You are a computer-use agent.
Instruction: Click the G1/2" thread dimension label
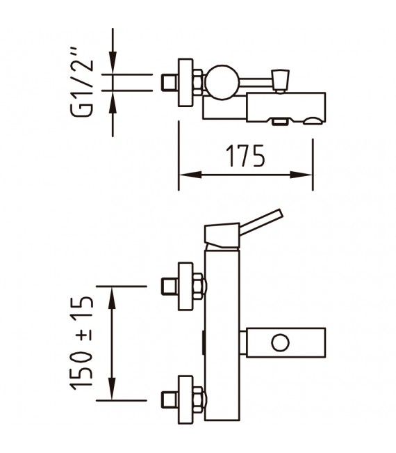click(x=82, y=81)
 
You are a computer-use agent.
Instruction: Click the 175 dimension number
click(x=245, y=156)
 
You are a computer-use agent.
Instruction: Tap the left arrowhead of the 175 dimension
click(x=190, y=175)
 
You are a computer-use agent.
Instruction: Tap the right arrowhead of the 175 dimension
click(x=301, y=175)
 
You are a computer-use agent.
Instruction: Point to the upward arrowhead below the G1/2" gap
click(x=113, y=102)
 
